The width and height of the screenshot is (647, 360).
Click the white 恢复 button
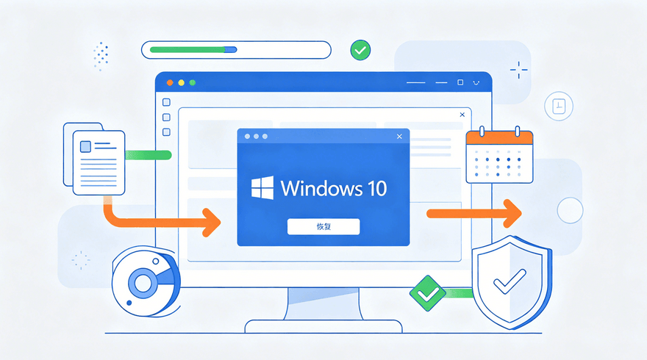pyautogui.click(x=323, y=226)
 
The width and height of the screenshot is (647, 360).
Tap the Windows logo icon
pyautogui.click(x=262, y=187)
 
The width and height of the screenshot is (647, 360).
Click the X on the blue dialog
pyautogui.click(x=399, y=137)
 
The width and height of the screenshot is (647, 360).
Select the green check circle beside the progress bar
pyautogui.click(x=360, y=50)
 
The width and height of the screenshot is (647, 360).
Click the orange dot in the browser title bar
pyautogui.click(x=170, y=83)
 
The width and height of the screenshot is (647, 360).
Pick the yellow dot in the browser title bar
pyautogui.click(x=181, y=83)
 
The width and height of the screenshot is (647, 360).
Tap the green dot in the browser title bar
pyautogui.click(x=193, y=83)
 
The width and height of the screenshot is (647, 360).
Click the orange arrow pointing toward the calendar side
pyautogui.click(x=474, y=214)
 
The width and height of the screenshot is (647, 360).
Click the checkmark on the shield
pyautogui.click(x=510, y=281)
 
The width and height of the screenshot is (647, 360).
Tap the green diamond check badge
pyautogui.click(x=427, y=293)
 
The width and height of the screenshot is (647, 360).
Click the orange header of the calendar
pyautogui.click(x=499, y=137)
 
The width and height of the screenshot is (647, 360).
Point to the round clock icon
pyautogui.click(x=559, y=106)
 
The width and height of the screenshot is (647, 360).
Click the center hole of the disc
pyautogui.click(x=143, y=284)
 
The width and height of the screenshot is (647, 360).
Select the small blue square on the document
pyautogui.click(x=85, y=146)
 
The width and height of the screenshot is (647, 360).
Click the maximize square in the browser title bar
pyautogui.click(x=460, y=82)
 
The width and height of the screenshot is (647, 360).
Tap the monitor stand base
pyautogui.click(x=323, y=326)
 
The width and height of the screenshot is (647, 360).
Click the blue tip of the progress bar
pyautogui.click(x=231, y=50)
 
